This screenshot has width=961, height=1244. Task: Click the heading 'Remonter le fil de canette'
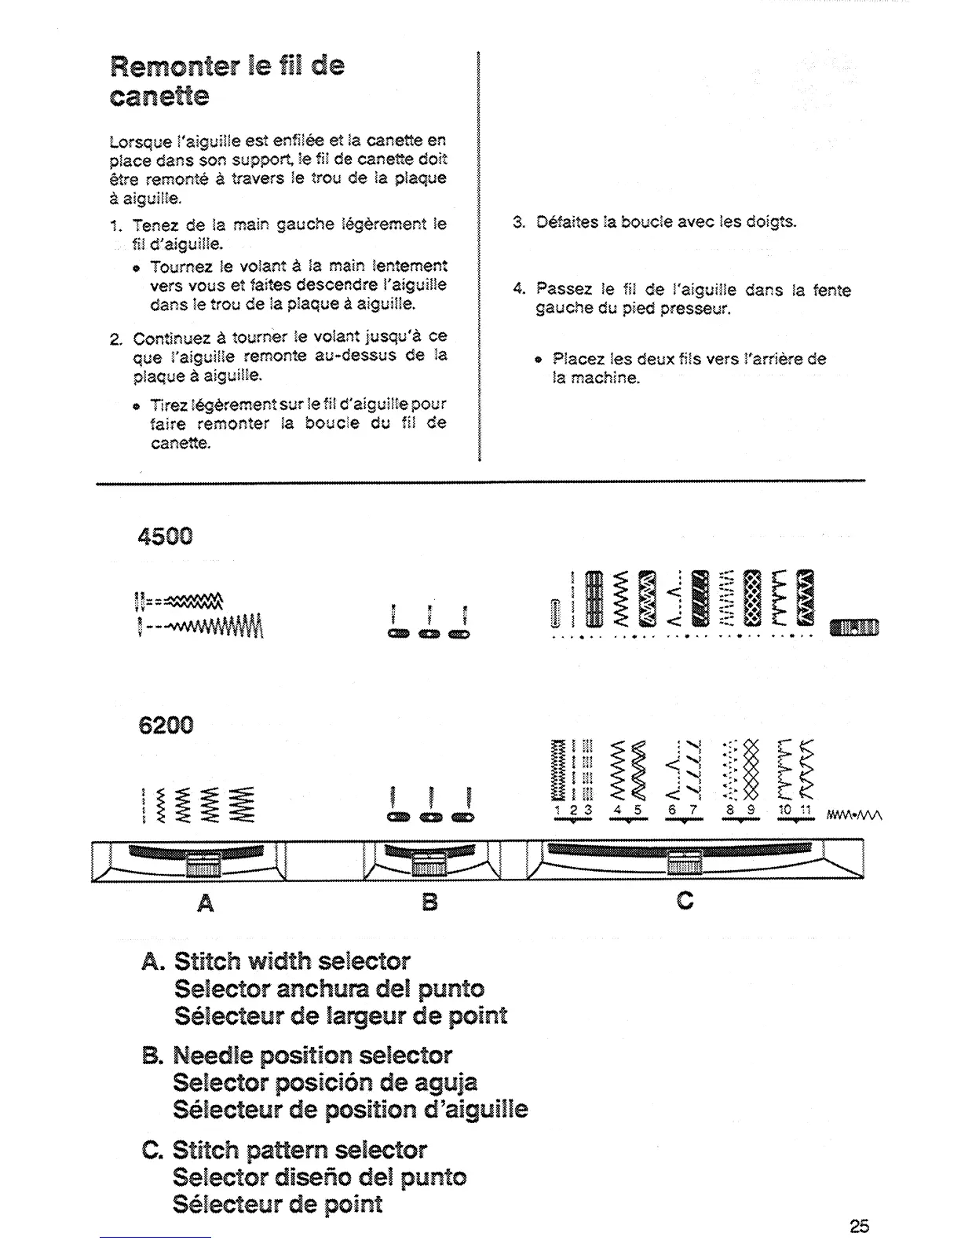226,80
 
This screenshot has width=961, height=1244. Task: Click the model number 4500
165,536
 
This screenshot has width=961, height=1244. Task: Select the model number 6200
165,724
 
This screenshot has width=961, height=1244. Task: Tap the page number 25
859,1225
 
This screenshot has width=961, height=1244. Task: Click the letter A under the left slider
206,904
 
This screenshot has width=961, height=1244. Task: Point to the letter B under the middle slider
429,902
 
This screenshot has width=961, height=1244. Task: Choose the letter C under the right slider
685,900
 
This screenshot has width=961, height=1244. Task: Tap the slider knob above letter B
429,863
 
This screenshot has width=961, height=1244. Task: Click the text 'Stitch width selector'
291,961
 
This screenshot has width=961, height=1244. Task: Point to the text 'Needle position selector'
312,1056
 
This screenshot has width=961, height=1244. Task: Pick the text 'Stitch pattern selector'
299,1151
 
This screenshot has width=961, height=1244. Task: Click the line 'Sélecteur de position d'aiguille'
350,1110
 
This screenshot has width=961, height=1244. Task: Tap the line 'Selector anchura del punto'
329,989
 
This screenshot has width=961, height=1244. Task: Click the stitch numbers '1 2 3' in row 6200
572,810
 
